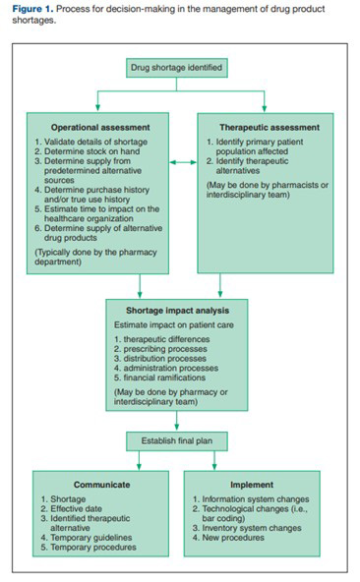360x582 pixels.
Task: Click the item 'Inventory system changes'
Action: point(257,527)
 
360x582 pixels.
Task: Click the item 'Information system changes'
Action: point(260,498)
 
